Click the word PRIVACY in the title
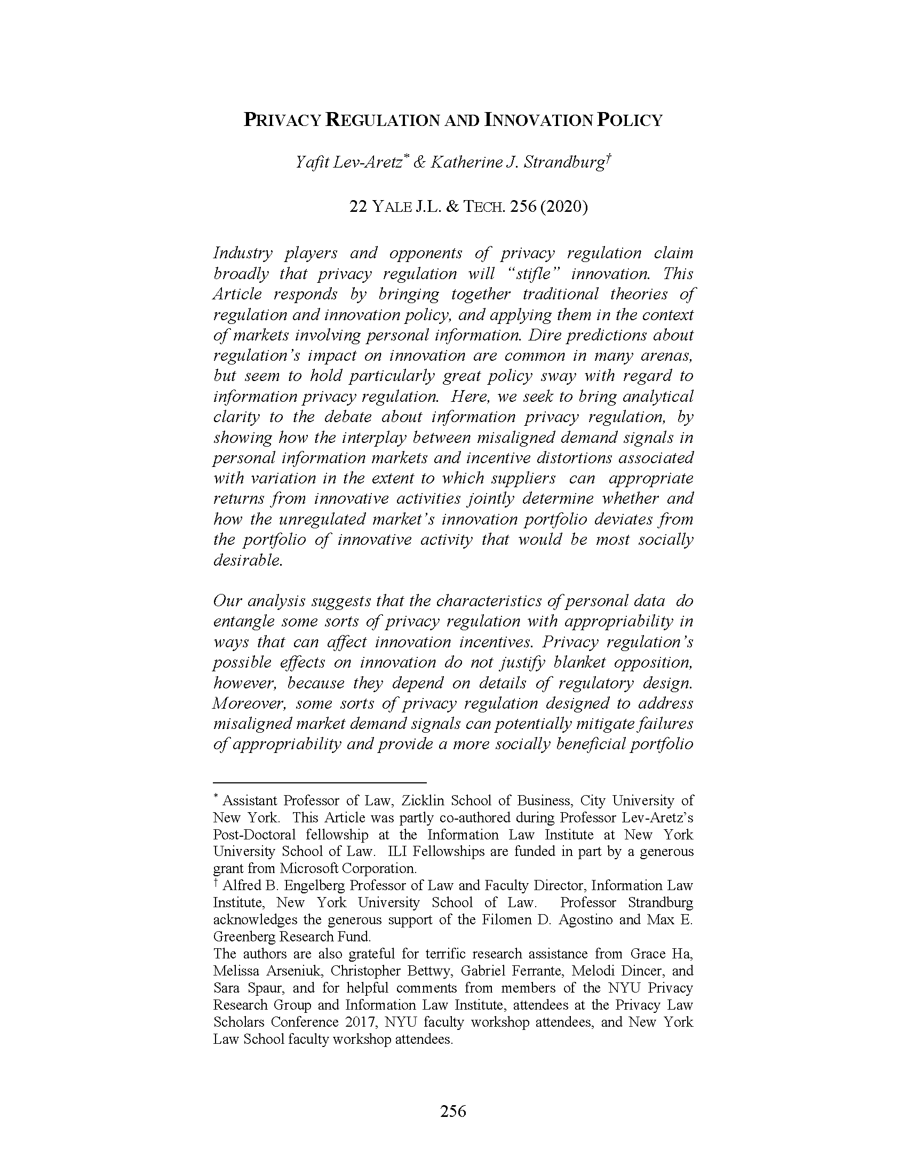coord(283,120)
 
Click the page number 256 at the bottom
coord(453,1111)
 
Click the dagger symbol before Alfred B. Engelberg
coord(216,883)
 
